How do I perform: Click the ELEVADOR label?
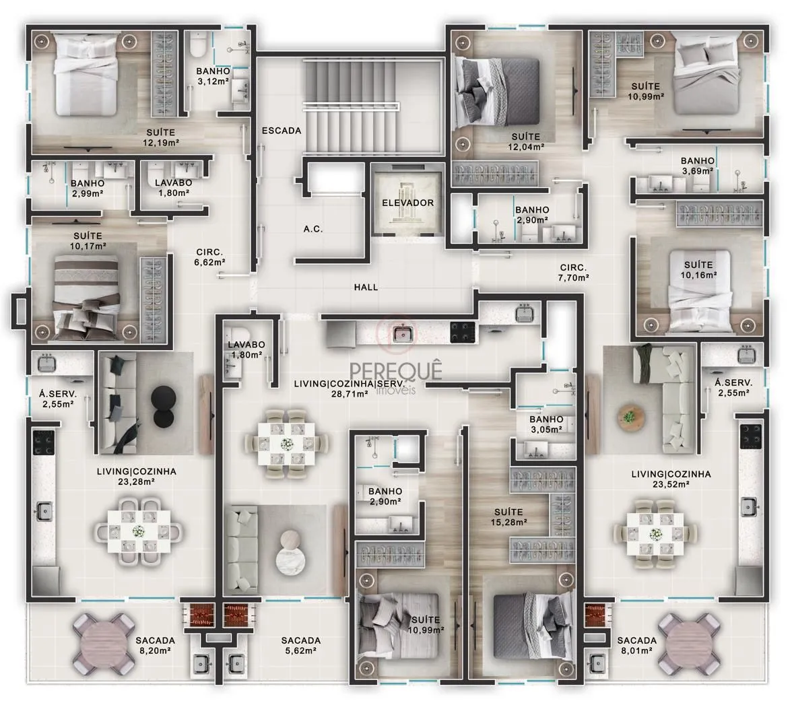407,203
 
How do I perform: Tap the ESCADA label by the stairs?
282,131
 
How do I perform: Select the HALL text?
366,288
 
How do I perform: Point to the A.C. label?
313,229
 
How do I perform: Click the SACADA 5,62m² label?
300,646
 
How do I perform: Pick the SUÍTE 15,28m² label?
508,517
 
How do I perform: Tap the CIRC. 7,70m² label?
573,273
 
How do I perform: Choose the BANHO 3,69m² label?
698,166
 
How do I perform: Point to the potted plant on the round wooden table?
629,417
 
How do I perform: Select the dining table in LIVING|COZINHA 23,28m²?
139,531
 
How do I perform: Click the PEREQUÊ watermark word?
396,371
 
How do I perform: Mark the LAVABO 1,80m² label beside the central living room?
246,349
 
